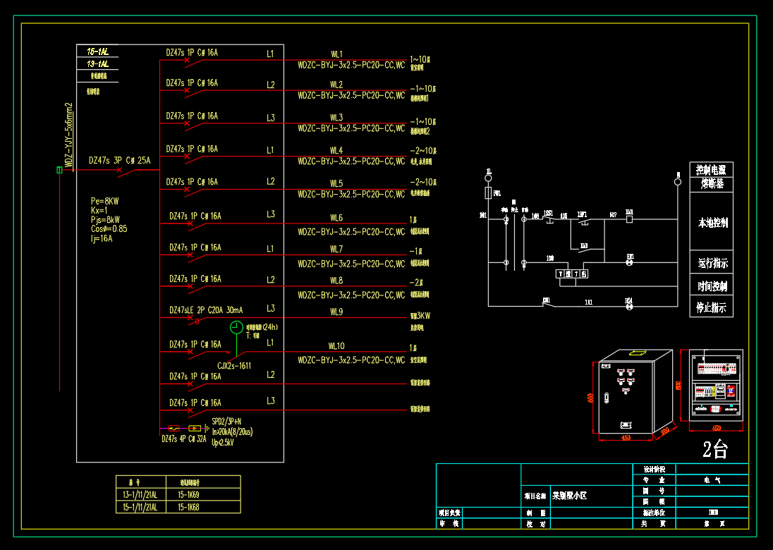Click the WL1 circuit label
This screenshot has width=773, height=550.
pos(336,54)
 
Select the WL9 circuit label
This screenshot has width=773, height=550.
pos(336,312)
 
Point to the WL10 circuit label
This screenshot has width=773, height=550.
pos(336,346)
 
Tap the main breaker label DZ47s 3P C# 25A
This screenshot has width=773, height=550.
pos(119,161)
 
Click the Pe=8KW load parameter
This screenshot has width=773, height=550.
pos(105,201)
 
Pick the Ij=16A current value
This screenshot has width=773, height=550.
pos(102,238)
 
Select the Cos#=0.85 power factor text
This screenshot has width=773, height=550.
pos(109,229)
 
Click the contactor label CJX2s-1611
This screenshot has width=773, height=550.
pos(234,366)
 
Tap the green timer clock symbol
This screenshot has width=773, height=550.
pos(236,327)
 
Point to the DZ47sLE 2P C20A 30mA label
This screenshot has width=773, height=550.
pos(206,310)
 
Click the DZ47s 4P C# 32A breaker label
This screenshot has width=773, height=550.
pos(183,439)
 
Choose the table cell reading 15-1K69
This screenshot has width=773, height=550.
pos(188,496)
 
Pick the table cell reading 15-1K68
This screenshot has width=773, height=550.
pos(188,507)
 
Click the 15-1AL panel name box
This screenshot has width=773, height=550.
pos(97,52)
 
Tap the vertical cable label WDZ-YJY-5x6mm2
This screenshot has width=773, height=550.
pos(69,134)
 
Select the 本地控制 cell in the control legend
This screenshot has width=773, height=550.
pos(712,224)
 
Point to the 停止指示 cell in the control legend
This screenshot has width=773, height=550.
pos(712,308)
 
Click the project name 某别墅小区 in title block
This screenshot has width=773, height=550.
pos(569,496)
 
